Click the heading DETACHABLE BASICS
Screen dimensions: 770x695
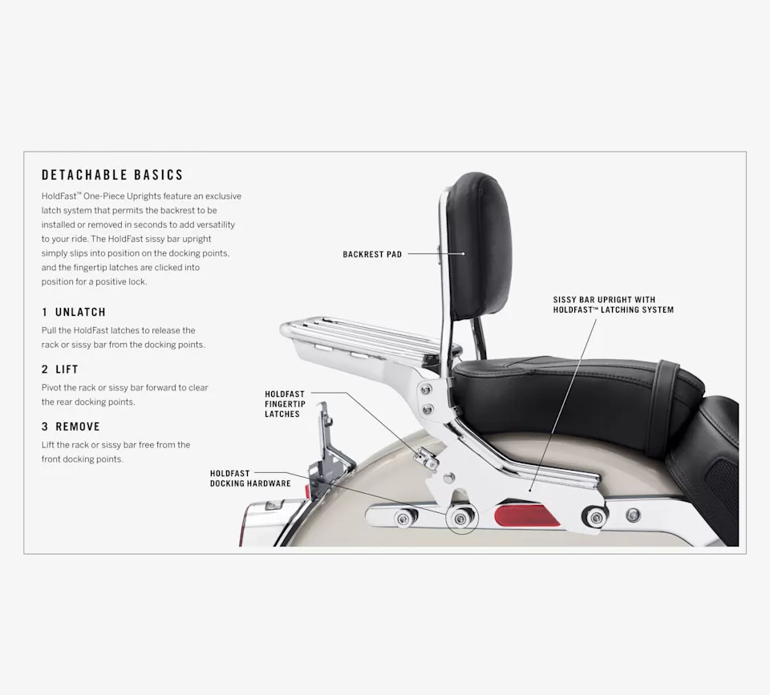[x=112, y=176]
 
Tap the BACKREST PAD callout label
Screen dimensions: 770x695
[x=372, y=254]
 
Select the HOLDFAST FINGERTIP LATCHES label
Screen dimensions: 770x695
[x=285, y=404]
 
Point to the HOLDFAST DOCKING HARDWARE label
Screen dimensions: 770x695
[x=250, y=479]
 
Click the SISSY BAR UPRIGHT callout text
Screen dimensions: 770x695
[x=614, y=305]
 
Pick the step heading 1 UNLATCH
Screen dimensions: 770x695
[x=74, y=312]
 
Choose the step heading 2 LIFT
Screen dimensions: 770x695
[x=60, y=370]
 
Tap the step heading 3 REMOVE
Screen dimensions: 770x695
[x=71, y=427]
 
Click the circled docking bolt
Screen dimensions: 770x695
[x=460, y=519]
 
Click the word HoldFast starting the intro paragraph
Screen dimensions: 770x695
[x=59, y=196]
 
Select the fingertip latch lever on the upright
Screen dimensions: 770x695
[x=426, y=459]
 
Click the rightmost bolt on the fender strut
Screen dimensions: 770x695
[x=633, y=515]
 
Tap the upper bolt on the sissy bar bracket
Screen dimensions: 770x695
[x=426, y=390]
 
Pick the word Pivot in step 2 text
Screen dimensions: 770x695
[x=51, y=388]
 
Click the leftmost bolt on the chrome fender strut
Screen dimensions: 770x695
[x=403, y=519]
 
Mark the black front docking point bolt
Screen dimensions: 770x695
[x=595, y=517]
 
